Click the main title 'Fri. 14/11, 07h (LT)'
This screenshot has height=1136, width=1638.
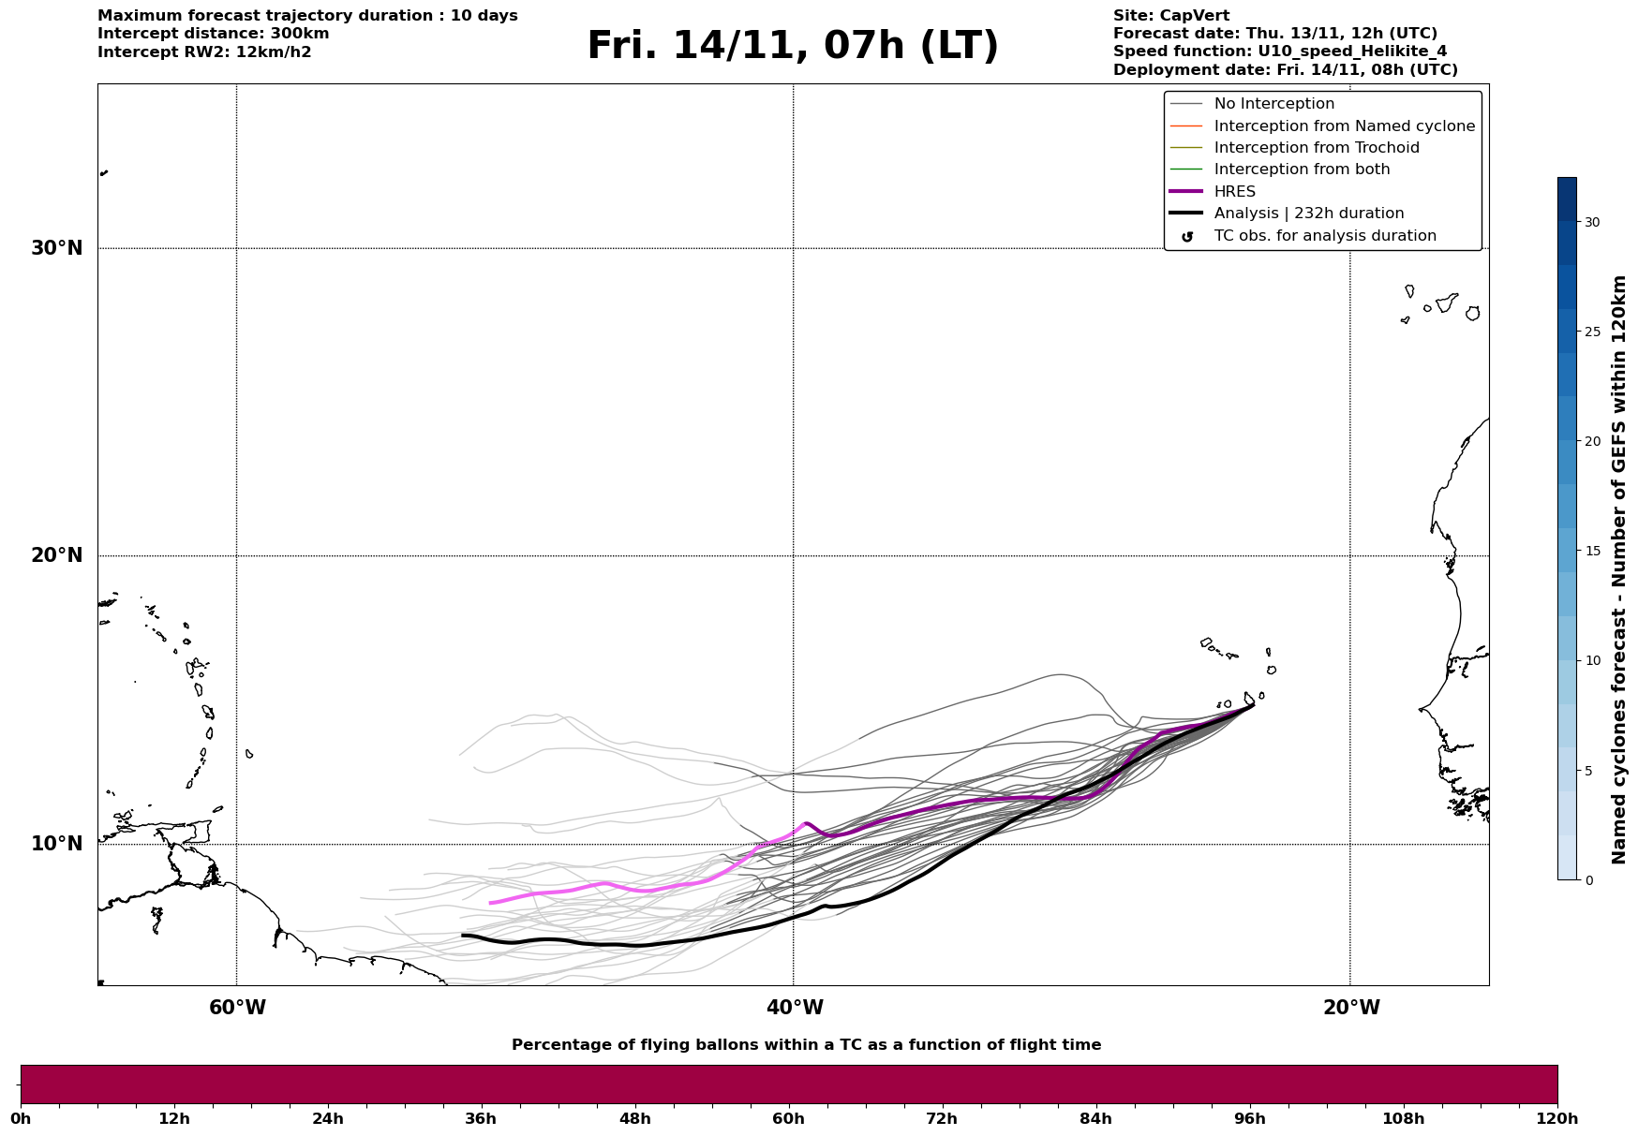point(793,46)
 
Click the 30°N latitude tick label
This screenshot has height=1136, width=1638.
point(56,248)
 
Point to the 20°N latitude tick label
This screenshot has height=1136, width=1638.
point(56,555)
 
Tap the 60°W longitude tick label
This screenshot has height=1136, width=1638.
point(237,1008)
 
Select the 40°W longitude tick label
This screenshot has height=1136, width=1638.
point(795,1008)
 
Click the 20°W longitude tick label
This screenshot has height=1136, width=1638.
point(1351,1008)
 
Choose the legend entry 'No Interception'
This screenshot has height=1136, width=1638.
point(1273,104)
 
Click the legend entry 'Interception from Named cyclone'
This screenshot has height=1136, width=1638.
point(1344,126)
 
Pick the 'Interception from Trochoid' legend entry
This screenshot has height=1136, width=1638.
point(1316,148)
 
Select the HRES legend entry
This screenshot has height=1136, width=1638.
point(1234,192)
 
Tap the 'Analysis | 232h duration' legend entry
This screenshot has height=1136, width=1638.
point(1308,214)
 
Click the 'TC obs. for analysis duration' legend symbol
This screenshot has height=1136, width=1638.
point(1187,237)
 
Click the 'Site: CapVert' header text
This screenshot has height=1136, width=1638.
point(1170,16)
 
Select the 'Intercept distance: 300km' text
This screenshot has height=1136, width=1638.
point(213,34)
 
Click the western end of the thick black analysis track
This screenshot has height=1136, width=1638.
point(463,936)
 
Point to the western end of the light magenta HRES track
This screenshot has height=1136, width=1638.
point(490,903)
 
